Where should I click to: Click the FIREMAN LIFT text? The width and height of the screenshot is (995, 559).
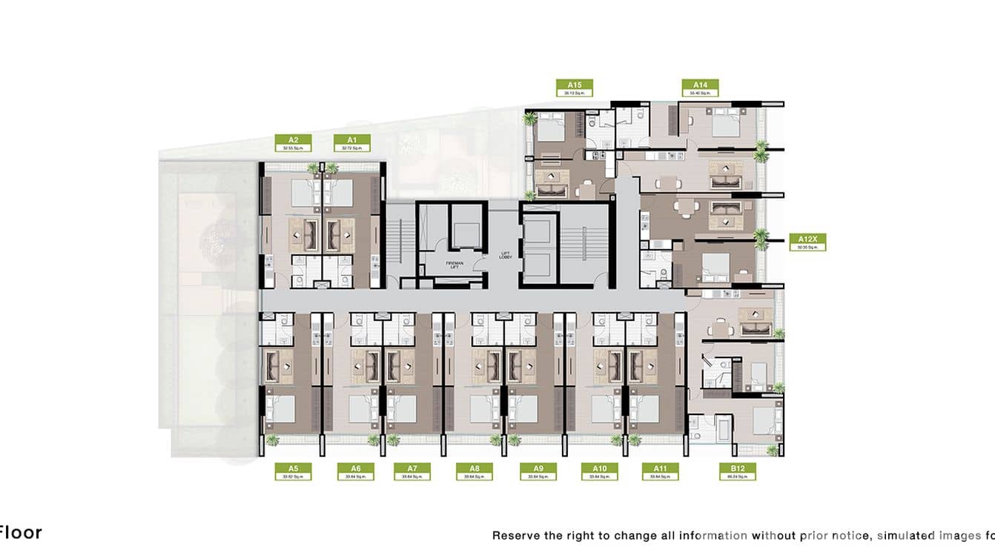(x=453, y=264)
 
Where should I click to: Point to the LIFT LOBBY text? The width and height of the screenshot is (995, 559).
(x=506, y=257)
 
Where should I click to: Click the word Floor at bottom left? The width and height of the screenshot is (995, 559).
(x=21, y=532)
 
